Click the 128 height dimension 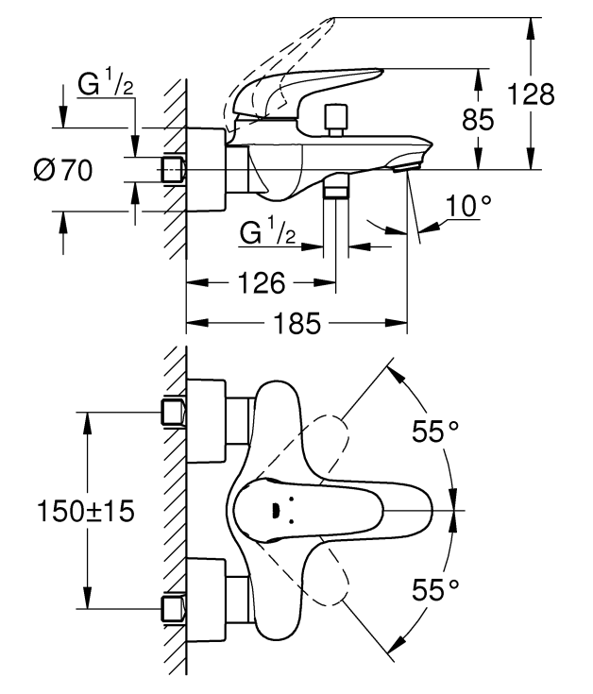[531, 93]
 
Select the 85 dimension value [478, 120]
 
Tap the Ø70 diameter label [63, 170]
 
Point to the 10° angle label [468, 206]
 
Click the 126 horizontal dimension [262, 283]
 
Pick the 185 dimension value [296, 323]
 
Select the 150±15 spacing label [85, 511]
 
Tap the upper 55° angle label [435, 432]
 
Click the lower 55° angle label [435, 589]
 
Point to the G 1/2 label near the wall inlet [106, 84]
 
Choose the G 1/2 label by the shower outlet [267, 232]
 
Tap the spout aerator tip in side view [407, 165]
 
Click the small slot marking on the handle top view [276, 511]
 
